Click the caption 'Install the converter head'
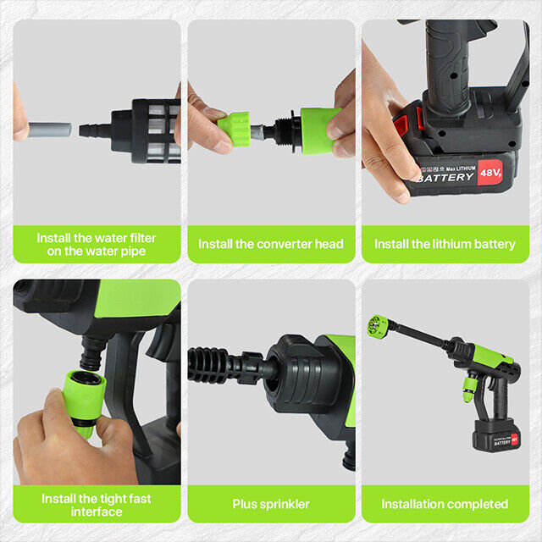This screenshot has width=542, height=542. click(x=271, y=244)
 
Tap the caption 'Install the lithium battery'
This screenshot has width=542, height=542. click(x=445, y=244)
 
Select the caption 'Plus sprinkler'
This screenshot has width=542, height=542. click(x=271, y=504)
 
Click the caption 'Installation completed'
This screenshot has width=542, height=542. click(x=445, y=504)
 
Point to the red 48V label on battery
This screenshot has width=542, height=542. click(x=489, y=173)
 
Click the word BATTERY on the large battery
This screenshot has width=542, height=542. click(x=445, y=178)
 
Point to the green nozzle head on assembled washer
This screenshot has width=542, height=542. click(x=377, y=326)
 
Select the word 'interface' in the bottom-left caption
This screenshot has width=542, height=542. click(x=97, y=512)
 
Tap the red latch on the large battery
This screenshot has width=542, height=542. click(x=401, y=127)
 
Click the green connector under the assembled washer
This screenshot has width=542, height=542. click(x=467, y=390)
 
